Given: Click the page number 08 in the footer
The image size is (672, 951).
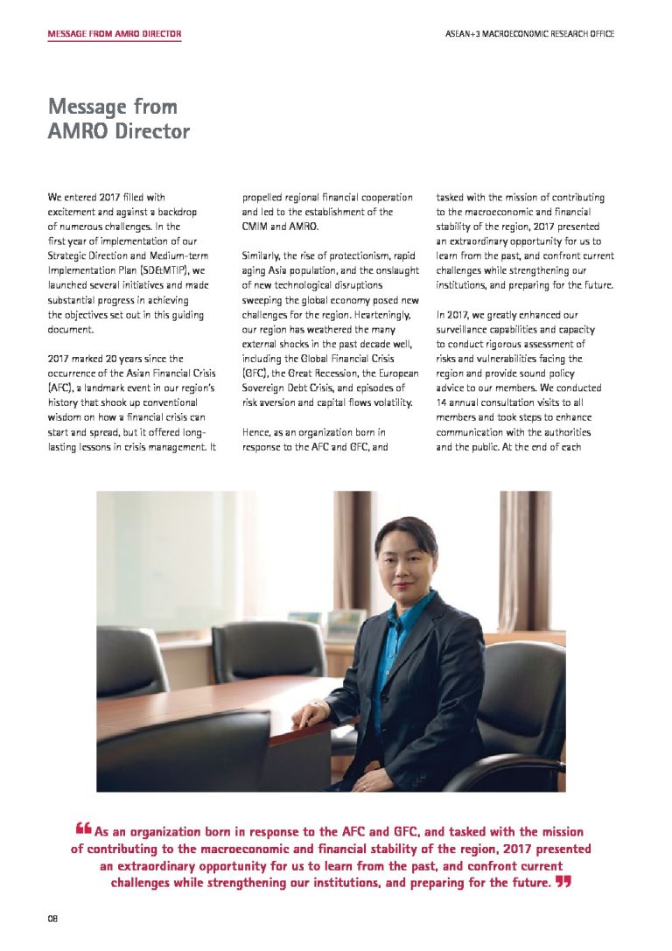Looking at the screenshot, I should pyautogui.click(x=52, y=918).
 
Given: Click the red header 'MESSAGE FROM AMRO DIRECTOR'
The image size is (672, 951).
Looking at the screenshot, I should pyautogui.click(x=115, y=34).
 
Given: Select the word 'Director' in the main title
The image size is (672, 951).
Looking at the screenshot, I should pyautogui.click(x=151, y=131).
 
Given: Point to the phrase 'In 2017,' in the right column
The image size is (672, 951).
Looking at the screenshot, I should pyautogui.click(x=452, y=314).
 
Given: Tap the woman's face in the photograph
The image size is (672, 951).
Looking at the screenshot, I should pyautogui.click(x=403, y=569).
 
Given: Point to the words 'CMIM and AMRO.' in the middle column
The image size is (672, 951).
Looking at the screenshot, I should pyautogui.click(x=281, y=226).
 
